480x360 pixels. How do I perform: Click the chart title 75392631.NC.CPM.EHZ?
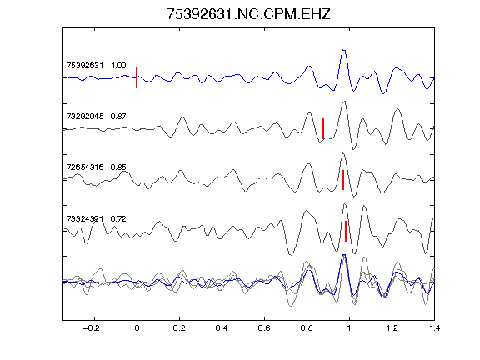[x=248, y=14]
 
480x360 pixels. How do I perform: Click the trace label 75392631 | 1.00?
[x=96, y=66]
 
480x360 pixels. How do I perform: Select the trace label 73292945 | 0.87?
[x=96, y=117]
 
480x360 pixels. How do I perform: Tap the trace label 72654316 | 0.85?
[x=96, y=167]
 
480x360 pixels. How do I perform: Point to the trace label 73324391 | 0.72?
[x=96, y=219]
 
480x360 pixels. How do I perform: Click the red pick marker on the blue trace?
[x=137, y=77]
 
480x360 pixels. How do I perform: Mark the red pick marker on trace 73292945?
[x=323, y=128]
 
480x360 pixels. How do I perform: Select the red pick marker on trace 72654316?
[x=343, y=180]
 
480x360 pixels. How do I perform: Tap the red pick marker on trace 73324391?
[x=346, y=231]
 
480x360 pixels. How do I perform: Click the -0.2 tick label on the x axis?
[x=91, y=328]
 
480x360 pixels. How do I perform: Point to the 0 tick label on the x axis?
[x=137, y=328]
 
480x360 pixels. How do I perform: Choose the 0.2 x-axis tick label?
[x=179, y=328]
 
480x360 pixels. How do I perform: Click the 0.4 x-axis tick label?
[x=222, y=328]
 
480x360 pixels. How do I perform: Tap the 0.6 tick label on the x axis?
[x=264, y=328]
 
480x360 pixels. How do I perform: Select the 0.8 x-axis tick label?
[x=307, y=328]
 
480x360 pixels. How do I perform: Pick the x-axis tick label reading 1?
[x=349, y=328]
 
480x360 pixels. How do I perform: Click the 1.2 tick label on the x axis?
[x=392, y=328]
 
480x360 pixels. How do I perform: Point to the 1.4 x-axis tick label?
[x=434, y=328]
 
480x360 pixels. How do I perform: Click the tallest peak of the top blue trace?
[x=343, y=50]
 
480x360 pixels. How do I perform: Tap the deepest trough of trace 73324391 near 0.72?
[x=291, y=255]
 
